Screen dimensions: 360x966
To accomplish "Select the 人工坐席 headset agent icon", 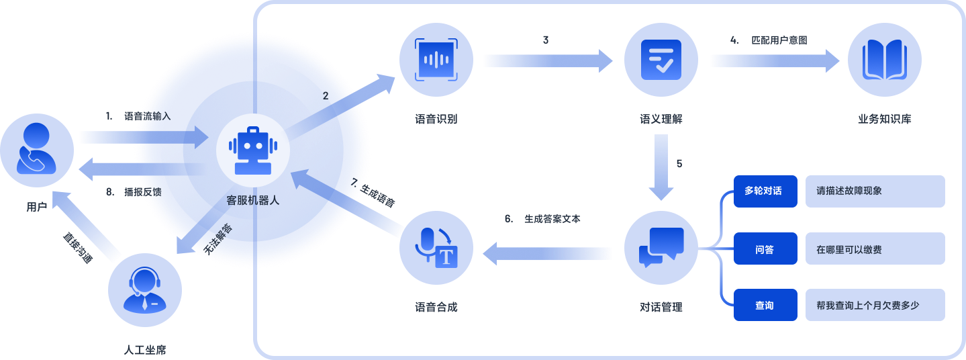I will click(145, 290).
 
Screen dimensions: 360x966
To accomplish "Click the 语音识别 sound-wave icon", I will click(436, 60).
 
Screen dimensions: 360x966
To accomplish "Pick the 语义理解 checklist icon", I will click(661, 60).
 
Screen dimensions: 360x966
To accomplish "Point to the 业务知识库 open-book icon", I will click(884, 60).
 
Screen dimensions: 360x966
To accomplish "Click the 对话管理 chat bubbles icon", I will click(661, 249).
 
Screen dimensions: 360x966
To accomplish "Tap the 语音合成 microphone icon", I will click(436, 249).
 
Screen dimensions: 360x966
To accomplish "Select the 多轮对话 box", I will click(765, 191).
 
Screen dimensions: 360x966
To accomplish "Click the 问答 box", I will click(765, 249).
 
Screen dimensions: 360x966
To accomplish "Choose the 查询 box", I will click(765, 305).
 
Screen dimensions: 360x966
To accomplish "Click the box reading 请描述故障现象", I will click(875, 191).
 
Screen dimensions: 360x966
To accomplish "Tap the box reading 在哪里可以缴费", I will click(875, 249).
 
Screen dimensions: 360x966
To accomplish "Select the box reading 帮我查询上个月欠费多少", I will click(875, 305).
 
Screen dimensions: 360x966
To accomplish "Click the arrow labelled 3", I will click(548, 62).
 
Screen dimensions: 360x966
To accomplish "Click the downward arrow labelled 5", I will click(661, 167).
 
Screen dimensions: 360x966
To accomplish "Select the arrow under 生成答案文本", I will click(548, 253).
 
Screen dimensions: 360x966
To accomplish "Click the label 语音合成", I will click(436, 308).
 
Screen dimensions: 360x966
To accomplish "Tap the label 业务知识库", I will click(884, 120).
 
